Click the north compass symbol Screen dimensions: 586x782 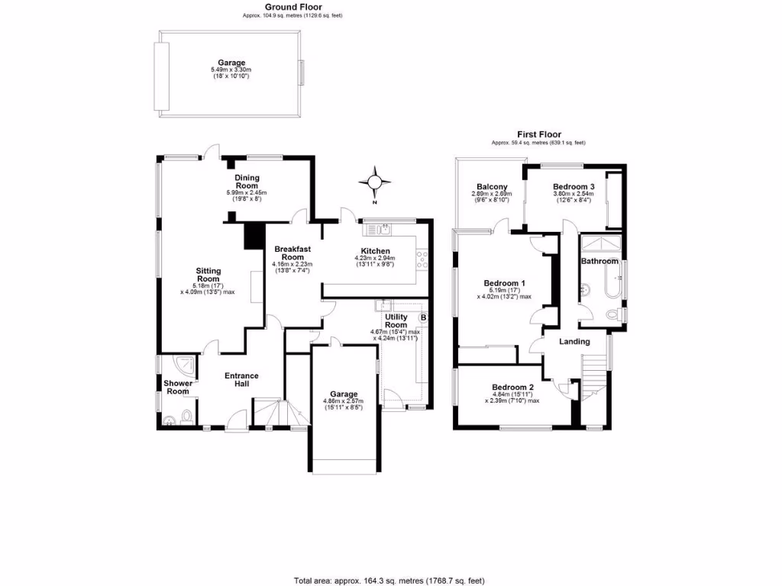coord(374,182)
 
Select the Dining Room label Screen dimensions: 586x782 coord(247,182)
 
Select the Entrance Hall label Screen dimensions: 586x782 coord(241,380)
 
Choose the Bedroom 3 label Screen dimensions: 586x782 coord(574,187)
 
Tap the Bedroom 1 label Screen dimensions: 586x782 coord(504,283)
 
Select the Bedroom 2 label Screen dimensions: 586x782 coord(512,386)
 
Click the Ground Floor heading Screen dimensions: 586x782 coord(292,7)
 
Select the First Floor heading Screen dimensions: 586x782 coord(538,134)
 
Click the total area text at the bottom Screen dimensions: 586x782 coord(389,581)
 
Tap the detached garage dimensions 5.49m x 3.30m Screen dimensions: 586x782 coord(230,70)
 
